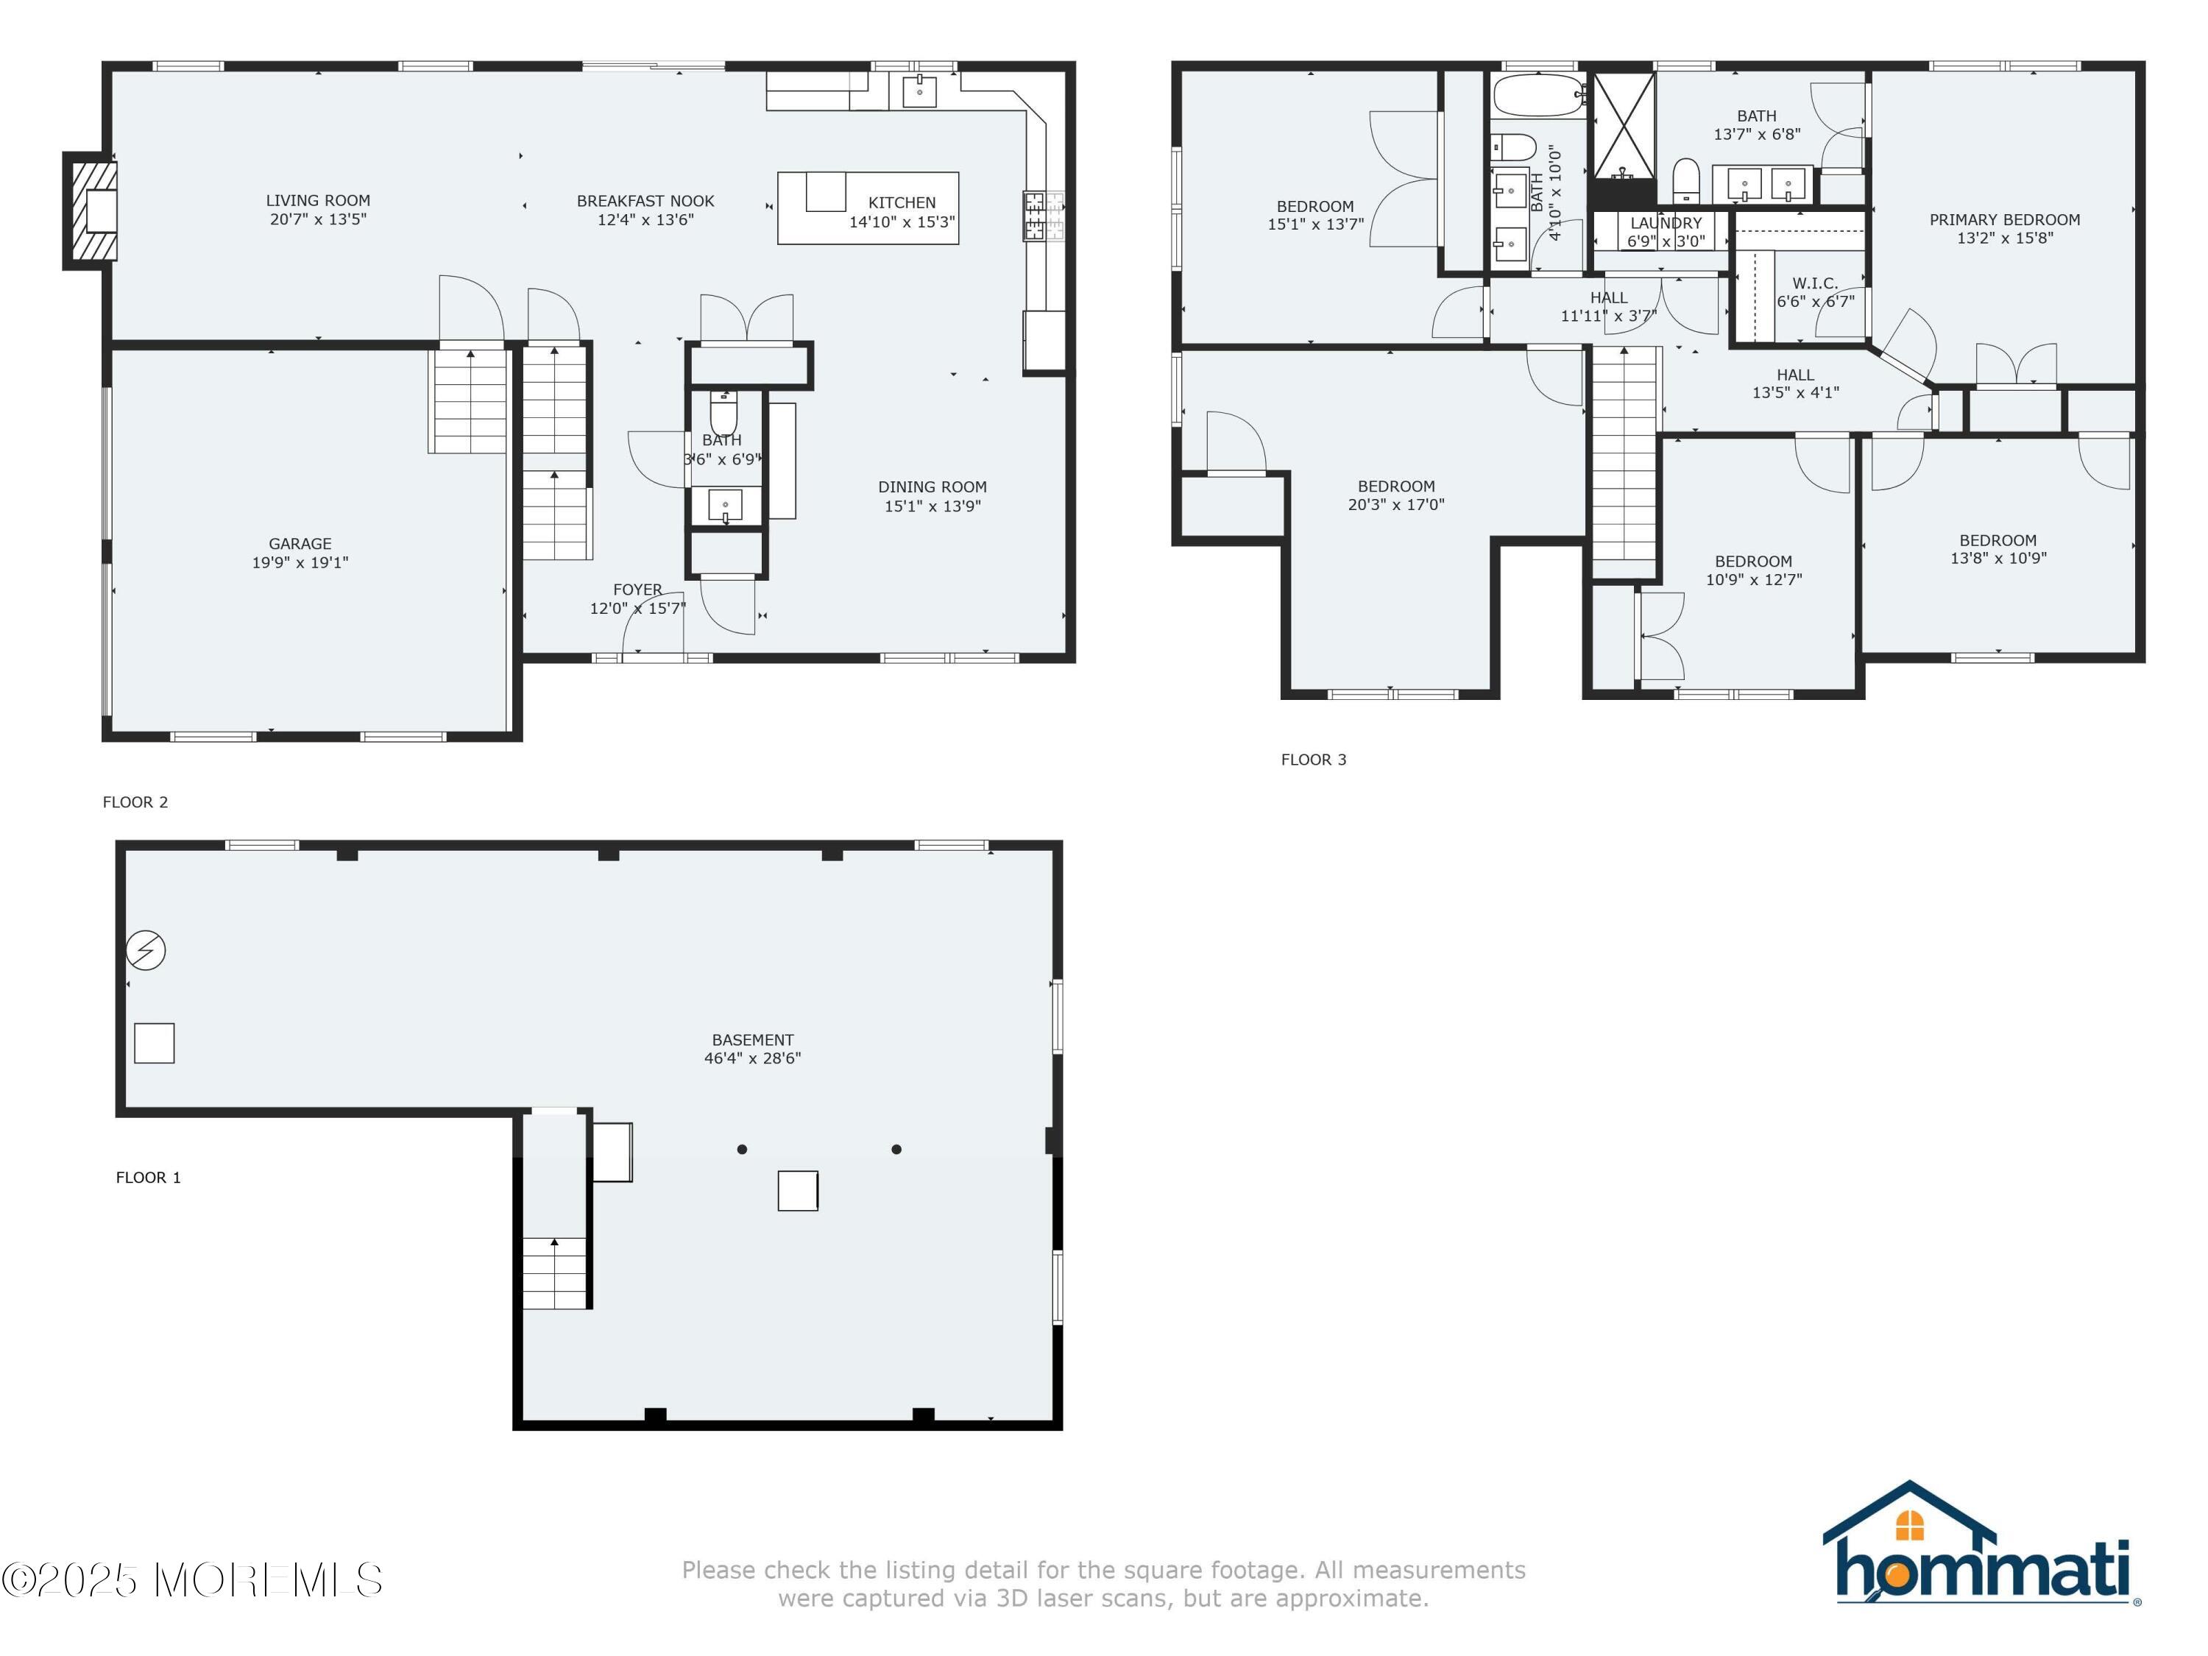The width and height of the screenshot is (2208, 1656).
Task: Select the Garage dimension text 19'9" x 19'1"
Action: (300, 563)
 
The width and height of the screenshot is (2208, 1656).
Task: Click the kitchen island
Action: (868, 208)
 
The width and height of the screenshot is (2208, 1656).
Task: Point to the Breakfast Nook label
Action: (645, 201)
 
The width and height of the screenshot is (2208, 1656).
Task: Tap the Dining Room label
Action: (933, 487)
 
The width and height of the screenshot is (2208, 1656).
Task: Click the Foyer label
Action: (638, 590)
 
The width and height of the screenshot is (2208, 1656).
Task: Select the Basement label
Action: (753, 1040)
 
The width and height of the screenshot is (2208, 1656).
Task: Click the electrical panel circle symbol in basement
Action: (146, 950)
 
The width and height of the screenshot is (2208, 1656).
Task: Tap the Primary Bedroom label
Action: (2004, 219)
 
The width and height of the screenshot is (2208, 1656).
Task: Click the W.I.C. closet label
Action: (1815, 283)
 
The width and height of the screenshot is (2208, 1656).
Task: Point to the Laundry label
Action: (1666, 224)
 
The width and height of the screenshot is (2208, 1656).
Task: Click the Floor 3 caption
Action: (1314, 760)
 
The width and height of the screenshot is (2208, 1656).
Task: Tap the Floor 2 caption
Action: (135, 802)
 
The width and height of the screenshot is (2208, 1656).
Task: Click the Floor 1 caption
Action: (149, 1178)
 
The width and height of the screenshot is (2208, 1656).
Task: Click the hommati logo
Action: (1981, 1544)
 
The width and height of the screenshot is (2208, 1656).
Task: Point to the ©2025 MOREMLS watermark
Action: (191, 1579)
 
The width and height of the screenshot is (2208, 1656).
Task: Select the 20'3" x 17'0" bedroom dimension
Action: (1395, 505)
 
